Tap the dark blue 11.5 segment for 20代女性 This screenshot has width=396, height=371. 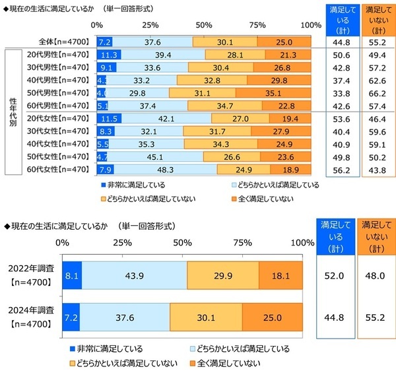110,119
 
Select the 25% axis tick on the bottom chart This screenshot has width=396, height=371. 123,243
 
